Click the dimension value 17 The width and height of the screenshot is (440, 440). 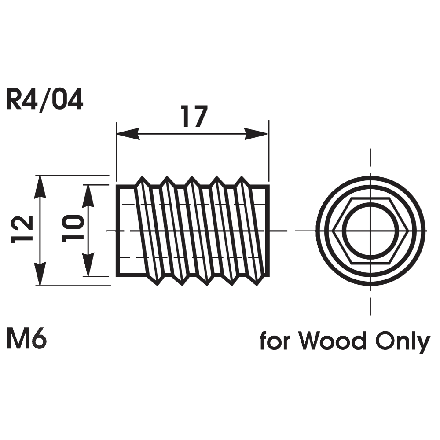[x=193, y=117]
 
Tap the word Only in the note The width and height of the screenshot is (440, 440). [x=402, y=341]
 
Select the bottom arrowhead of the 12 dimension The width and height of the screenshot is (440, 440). [x=40, y=275]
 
